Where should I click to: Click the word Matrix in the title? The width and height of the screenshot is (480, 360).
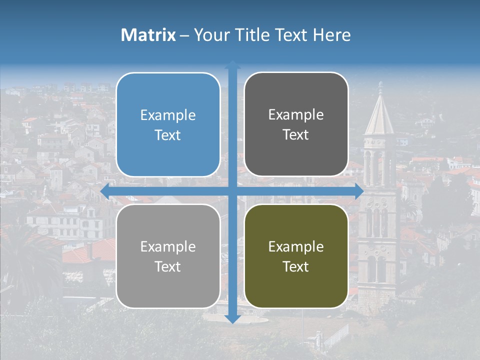148,35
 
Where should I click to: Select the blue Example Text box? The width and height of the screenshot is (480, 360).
168,125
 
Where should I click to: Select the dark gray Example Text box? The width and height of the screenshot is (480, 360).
296,124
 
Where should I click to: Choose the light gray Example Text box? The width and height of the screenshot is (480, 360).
168,256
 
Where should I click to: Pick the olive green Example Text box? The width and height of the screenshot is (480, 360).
296,256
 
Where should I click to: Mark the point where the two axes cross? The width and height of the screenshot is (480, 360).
232,191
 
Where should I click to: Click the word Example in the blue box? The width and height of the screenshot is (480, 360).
168,115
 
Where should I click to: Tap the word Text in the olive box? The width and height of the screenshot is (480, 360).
296,266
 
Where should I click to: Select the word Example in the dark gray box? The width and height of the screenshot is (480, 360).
296,115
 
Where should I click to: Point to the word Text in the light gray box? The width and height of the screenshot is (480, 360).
168,266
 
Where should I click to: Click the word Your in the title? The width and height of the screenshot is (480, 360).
210,35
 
